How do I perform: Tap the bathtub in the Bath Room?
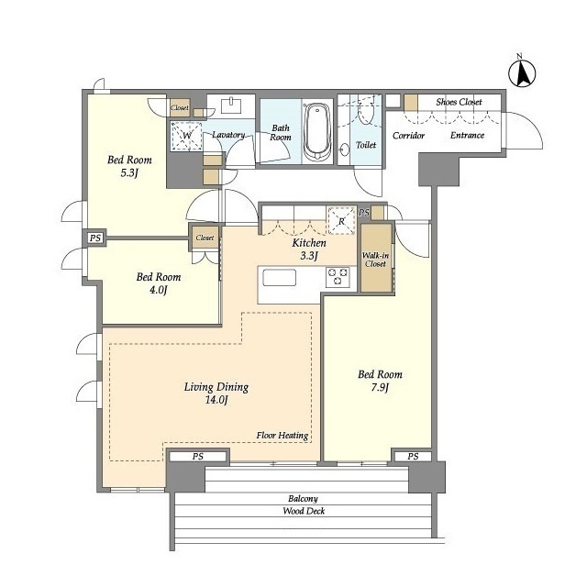[317, 131]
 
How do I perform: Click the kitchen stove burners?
[338, 277]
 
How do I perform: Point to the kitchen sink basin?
[279, 277]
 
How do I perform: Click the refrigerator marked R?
[341, 221]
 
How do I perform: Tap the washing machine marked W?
[186, 136]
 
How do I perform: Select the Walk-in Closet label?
[375, 260]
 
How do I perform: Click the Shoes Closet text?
[459, 102]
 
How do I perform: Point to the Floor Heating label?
[282, 436]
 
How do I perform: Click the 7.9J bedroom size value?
[380, 387]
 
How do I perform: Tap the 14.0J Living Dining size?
[216, 400]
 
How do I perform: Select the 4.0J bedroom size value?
[158, 290]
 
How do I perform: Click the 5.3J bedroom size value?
[129, 173]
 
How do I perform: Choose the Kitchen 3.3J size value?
[309, 256]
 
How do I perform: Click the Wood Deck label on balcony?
[304, 511]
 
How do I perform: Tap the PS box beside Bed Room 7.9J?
[413, 457]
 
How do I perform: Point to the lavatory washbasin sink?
[231, 105]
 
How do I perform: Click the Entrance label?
[467, 135]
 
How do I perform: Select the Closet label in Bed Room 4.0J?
[205, 238]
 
